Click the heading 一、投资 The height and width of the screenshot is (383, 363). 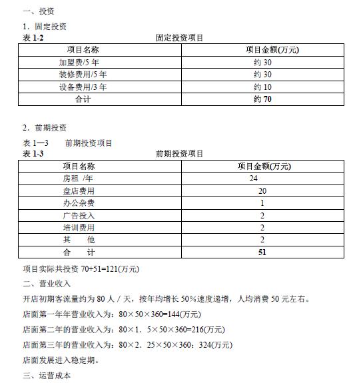pos(38,11)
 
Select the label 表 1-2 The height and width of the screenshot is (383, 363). pos(33,37)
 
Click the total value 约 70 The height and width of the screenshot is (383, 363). pos(262,99)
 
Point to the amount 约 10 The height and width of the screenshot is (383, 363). pos(262,87)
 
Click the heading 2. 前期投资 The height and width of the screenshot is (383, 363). pos(45,128)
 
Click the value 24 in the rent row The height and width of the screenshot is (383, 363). pos(253,179)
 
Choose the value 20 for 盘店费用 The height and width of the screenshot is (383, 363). pos(262,191)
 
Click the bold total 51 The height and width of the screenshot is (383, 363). pos(262,253)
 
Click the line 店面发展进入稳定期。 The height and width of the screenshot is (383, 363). pos(61,360)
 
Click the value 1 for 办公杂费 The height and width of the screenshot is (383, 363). pos(262,203)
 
